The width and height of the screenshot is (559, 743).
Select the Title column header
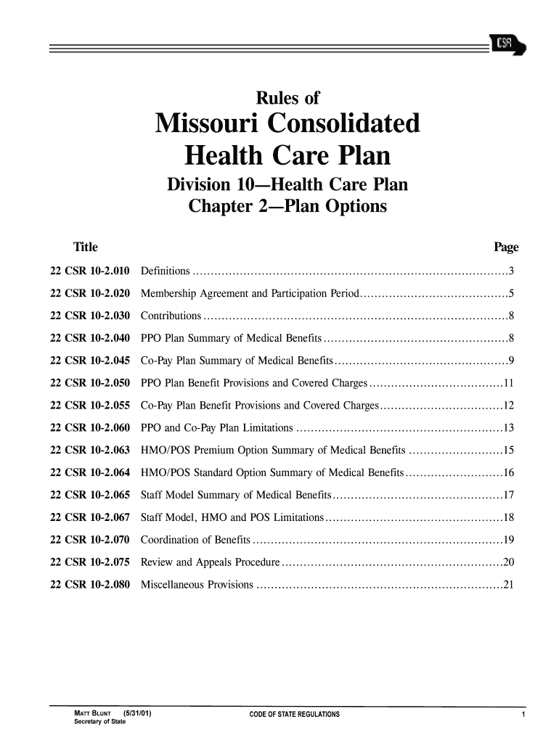85,247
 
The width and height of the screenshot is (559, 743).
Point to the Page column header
506,247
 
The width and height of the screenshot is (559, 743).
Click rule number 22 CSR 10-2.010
90,271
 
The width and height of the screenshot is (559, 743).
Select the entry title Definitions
166,271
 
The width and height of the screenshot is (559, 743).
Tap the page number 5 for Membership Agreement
511,294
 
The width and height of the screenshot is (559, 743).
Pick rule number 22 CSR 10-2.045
90,361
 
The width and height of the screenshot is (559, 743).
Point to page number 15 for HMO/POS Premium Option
508,451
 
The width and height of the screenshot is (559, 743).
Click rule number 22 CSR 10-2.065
90,496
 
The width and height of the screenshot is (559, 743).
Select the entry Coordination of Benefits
195,541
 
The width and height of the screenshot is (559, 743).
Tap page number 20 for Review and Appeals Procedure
508,564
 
